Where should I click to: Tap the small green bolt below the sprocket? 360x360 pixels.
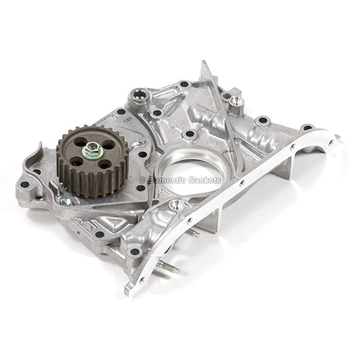pyautogui.click(x=65, y=201)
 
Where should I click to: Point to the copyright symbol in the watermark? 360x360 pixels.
pyautogui.click(x=142, y=181)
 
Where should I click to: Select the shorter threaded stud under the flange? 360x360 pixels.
pyautogui.click(x=192, y=232)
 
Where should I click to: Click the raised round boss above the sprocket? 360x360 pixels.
pyautogui.click(x=139, y=96)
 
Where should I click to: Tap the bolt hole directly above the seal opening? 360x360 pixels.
pyautogui.click(x=190, y=134)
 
